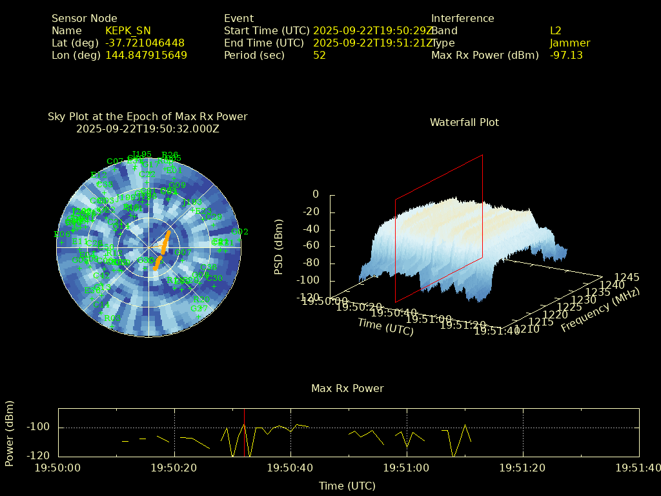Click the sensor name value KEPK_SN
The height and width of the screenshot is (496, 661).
pos(129,30)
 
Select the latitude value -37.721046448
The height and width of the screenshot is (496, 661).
pos(145,43)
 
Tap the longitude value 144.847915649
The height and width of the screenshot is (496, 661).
pos(146,55)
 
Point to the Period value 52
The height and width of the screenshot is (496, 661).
pos(320,55)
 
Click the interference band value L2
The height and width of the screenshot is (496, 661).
pos(556,30)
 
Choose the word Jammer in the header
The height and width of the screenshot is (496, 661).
pos(570,43)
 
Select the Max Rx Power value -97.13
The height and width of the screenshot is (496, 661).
pos(566,55)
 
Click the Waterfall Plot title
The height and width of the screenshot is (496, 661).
pos(464,122)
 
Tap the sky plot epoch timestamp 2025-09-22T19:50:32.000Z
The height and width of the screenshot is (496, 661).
pos(148,129)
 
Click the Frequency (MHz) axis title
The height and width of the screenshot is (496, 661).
pos(600,311)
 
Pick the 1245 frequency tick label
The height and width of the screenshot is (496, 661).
pos(627,277)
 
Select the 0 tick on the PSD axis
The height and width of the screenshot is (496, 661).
pos(316,194)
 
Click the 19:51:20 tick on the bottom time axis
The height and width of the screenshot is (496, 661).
pos(523,468)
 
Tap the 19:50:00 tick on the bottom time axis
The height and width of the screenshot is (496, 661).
pos(58,468)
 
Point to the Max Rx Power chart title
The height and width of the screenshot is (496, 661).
pos(347,388)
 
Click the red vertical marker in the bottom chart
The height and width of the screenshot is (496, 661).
pos(244,433)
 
